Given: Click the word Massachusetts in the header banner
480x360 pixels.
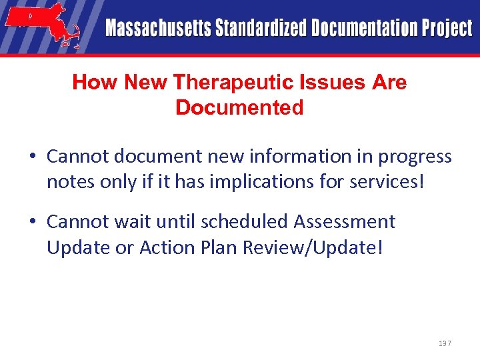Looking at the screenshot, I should pyautogui.click(x=157, y=29).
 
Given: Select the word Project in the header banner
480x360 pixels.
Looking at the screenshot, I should pyautogui.click(x=446, y=29).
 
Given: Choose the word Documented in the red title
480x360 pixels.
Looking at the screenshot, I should pyautogui.click(x=239, y=107).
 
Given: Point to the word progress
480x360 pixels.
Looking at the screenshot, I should pyautogui.click(x=415, y=157).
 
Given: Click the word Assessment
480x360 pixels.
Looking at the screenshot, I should pyautogui.click(x=346, y=221).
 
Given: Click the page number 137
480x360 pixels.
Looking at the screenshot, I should pyautogui.click(x=445, y=343).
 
